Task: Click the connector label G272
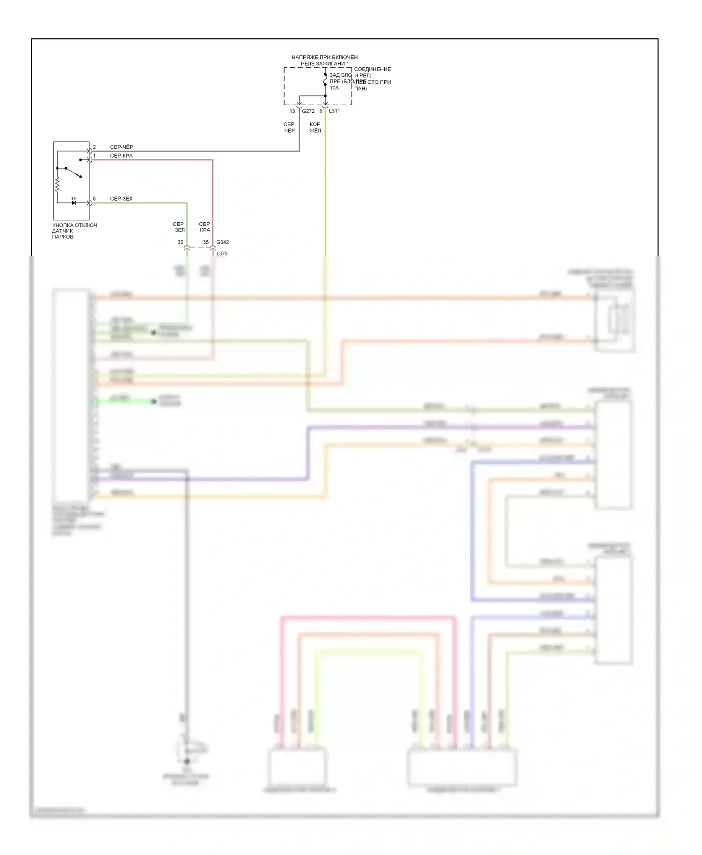308,111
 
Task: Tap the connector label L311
334,111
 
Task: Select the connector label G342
222,242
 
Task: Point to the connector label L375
222,254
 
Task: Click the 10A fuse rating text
334,88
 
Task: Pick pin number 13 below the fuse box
292,111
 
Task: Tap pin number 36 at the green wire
180,242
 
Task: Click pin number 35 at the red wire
205,242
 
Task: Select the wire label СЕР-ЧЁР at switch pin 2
121,147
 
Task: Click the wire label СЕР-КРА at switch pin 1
121,156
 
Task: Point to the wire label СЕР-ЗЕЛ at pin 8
121,199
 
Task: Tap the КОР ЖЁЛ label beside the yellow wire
315,128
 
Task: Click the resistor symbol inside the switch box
57,185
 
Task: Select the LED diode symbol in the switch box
73,203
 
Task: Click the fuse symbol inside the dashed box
325,81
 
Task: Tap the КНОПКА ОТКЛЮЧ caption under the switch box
74,225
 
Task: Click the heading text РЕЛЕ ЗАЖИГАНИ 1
324,64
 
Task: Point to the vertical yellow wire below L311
325,187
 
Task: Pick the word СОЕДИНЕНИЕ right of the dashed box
372,69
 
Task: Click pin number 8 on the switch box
94,199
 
